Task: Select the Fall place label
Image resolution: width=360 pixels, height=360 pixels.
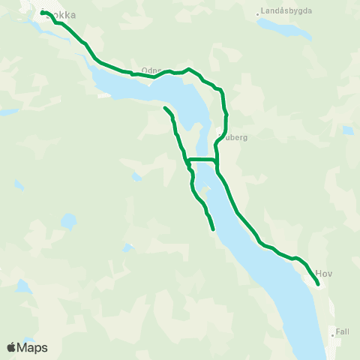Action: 343,331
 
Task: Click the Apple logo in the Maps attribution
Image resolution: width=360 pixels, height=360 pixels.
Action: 11,347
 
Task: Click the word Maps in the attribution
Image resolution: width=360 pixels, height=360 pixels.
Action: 33,347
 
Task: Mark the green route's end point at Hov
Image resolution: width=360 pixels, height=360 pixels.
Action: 319,284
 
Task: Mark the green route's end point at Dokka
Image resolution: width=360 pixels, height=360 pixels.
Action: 43,11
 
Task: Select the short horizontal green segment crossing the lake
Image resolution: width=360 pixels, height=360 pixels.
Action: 202,160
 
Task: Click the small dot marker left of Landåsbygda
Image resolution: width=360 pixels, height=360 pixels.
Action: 258,13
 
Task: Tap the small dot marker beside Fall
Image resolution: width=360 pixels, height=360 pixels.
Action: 333,331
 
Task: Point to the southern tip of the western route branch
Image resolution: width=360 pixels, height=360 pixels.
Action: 214,229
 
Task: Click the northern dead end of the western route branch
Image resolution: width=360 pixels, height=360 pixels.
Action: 164,109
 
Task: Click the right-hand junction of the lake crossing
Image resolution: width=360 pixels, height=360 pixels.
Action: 216,160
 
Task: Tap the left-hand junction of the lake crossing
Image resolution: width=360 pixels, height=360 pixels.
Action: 187,160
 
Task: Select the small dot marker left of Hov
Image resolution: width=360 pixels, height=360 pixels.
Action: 314,274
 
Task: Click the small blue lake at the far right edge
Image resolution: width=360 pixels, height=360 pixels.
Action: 348,130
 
